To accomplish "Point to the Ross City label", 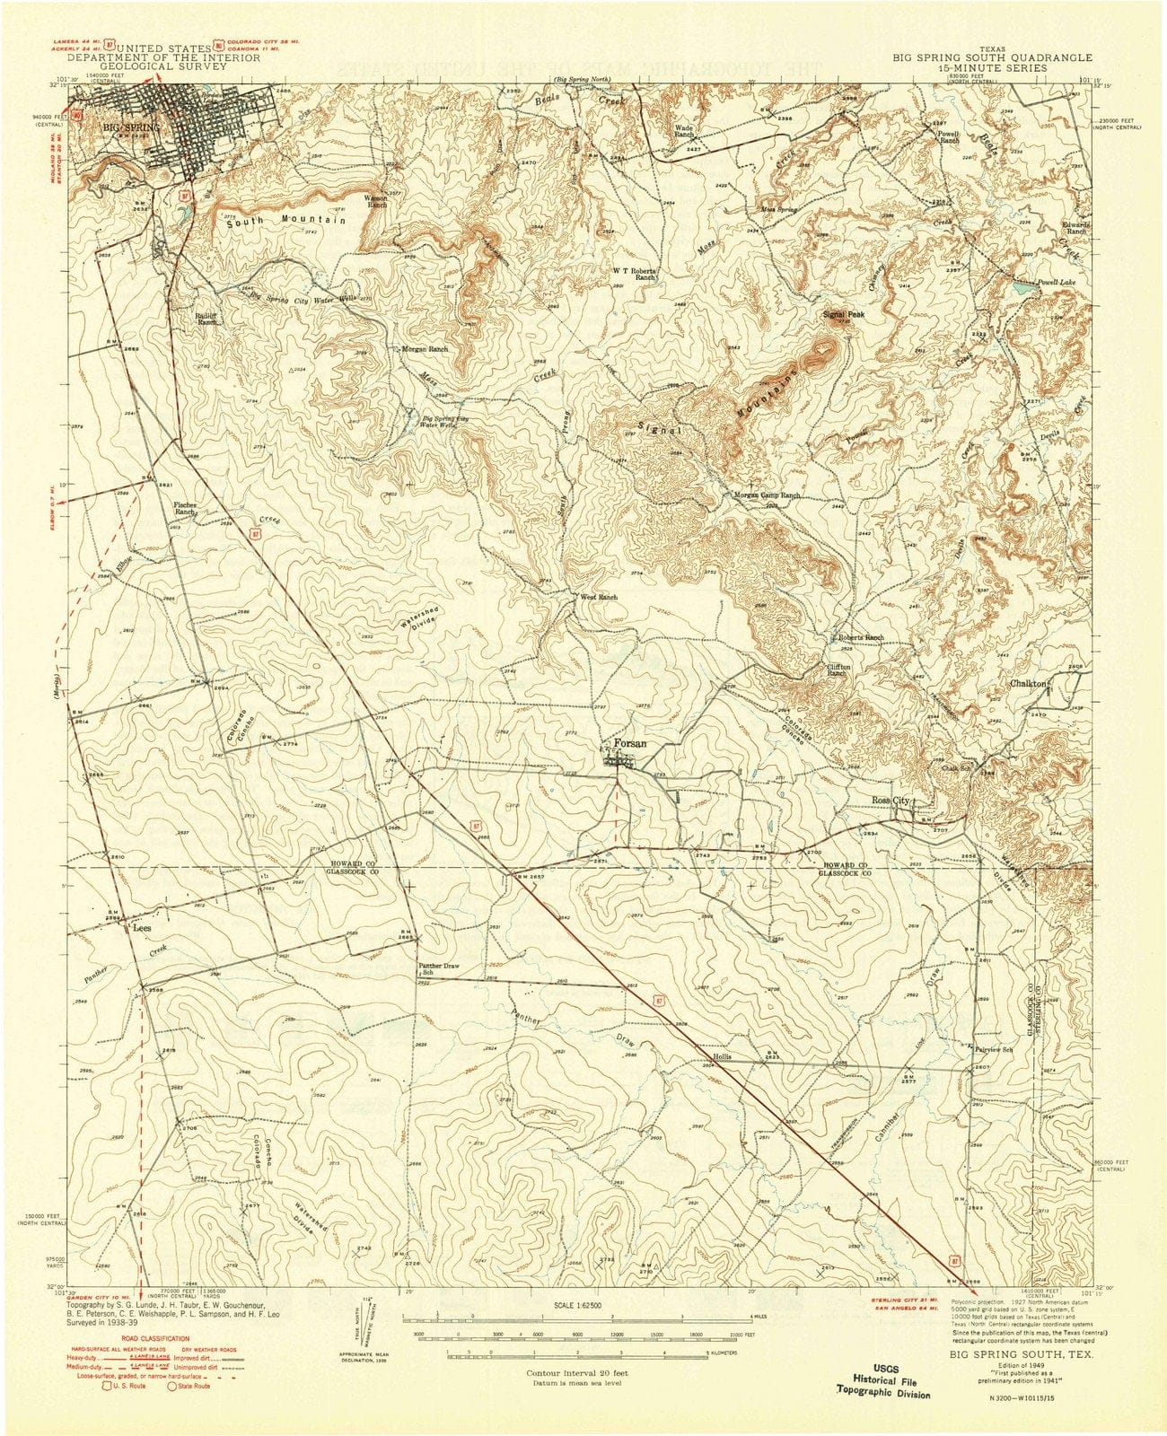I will (891, 800).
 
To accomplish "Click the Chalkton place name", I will (1029, 684).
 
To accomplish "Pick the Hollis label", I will (723, 1056).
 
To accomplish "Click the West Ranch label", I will (600, 597).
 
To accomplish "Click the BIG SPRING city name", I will (131, 127).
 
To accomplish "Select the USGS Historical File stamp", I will (883, 1360).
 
